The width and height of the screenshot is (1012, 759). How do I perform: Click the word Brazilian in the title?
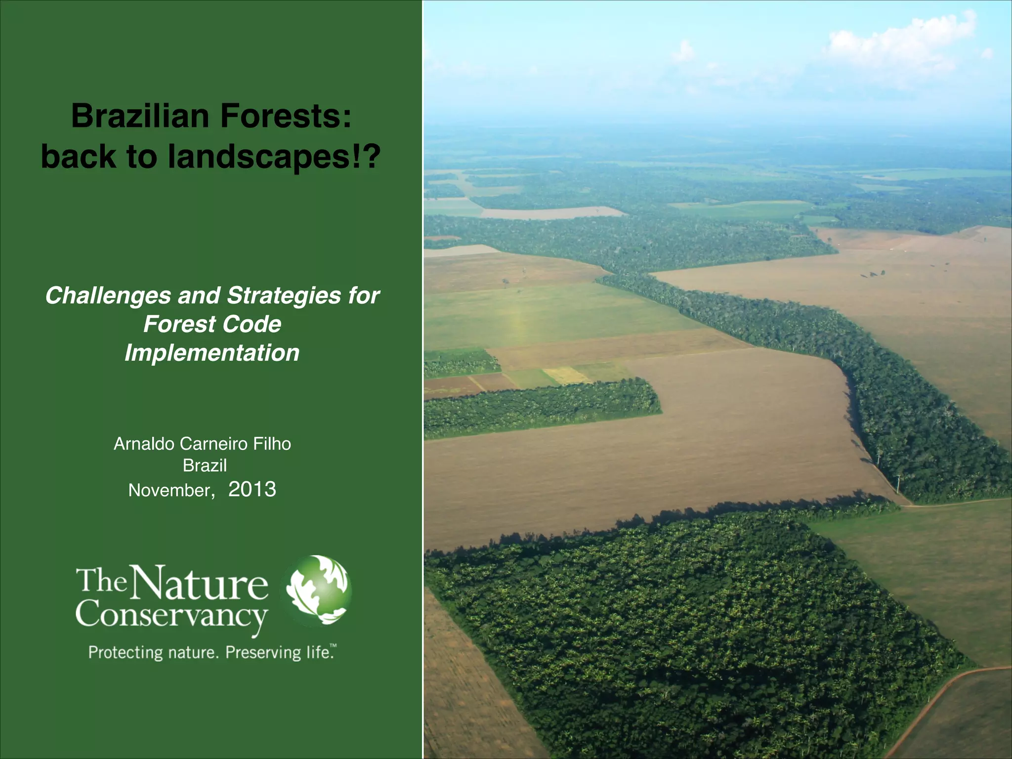click(x=140, y=117)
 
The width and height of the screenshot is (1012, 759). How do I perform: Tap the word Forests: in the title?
click(x=286, y=117)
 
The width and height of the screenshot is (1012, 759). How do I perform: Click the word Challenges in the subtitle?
click(x=107, y=296)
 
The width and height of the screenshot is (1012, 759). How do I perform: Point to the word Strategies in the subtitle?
click(x=284, y=296)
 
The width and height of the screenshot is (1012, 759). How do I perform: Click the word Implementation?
click(x=212, y=353)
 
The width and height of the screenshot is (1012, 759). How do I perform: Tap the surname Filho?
click(x=272, y=444)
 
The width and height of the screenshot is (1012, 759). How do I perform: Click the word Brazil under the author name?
click(x=205, y=465)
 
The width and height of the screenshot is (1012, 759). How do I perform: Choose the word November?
click(x=170, y=490)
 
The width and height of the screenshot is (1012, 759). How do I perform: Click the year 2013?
click(x=252, y=489)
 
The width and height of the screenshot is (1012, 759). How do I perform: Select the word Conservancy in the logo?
click(x=171, y=616)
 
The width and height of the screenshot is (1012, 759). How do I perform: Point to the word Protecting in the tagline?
click(x=126, y=653)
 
